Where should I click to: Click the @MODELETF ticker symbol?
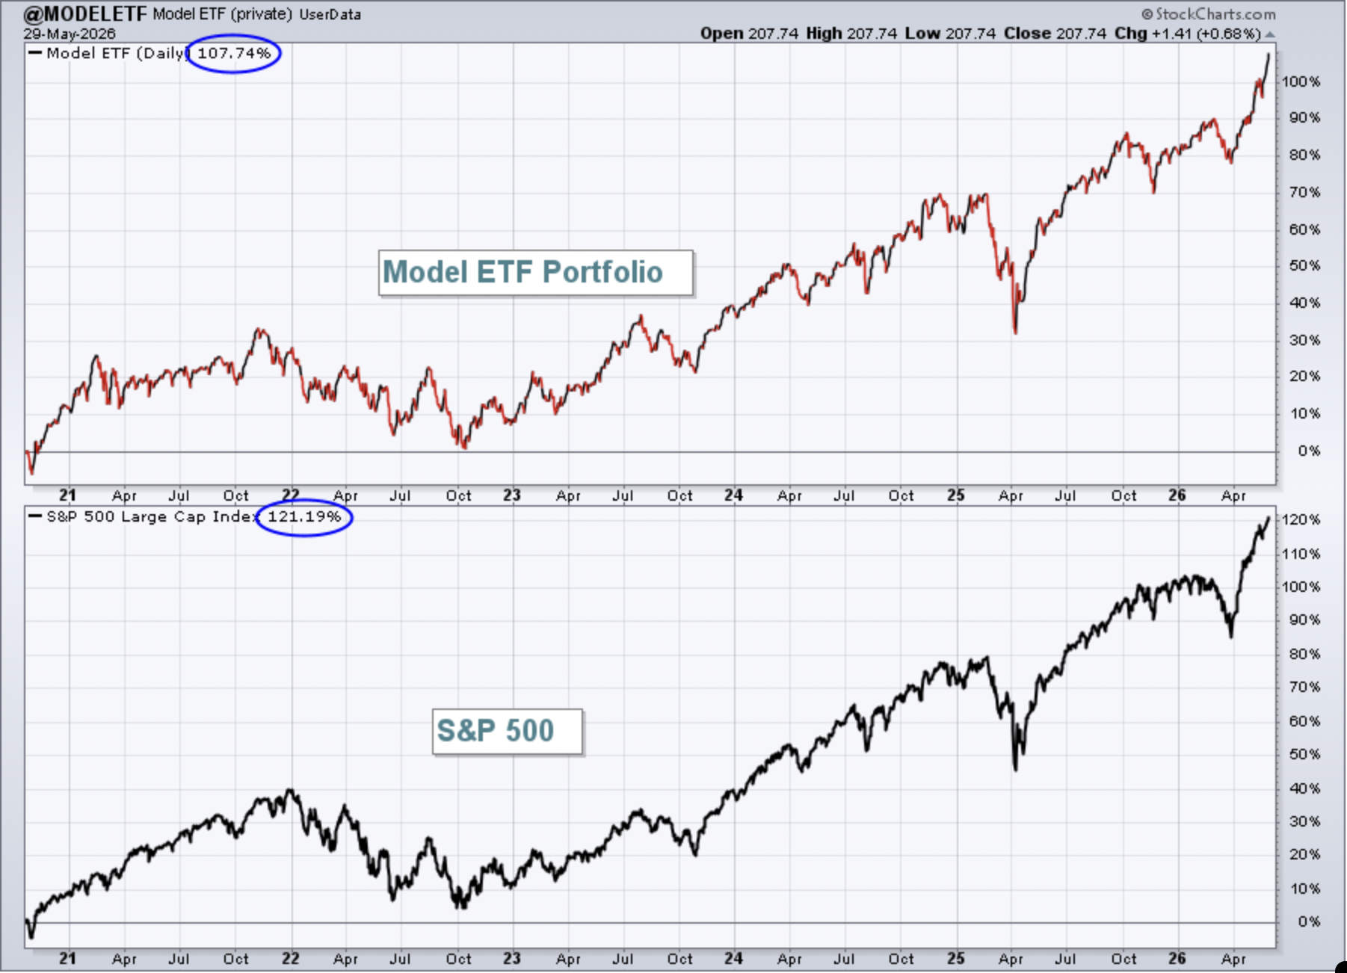85,13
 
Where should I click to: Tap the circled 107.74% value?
234,53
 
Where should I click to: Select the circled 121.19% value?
304,516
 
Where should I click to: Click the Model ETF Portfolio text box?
536,273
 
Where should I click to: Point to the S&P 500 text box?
508,731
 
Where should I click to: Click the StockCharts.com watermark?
1209,13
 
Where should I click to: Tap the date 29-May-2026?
70,34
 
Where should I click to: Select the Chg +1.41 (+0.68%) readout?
1188,34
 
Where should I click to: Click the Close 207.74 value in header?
1055,34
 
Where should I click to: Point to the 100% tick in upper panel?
1301,81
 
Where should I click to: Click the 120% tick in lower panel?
1301,519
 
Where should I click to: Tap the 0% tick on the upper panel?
1309,451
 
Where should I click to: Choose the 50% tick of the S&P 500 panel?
1304,754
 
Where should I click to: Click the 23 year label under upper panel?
511,495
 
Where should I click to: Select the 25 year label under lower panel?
955,959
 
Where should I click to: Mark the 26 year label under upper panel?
1177,495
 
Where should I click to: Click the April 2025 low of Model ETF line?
1015,333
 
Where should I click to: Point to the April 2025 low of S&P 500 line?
1015,769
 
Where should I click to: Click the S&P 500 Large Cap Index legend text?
152,516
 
